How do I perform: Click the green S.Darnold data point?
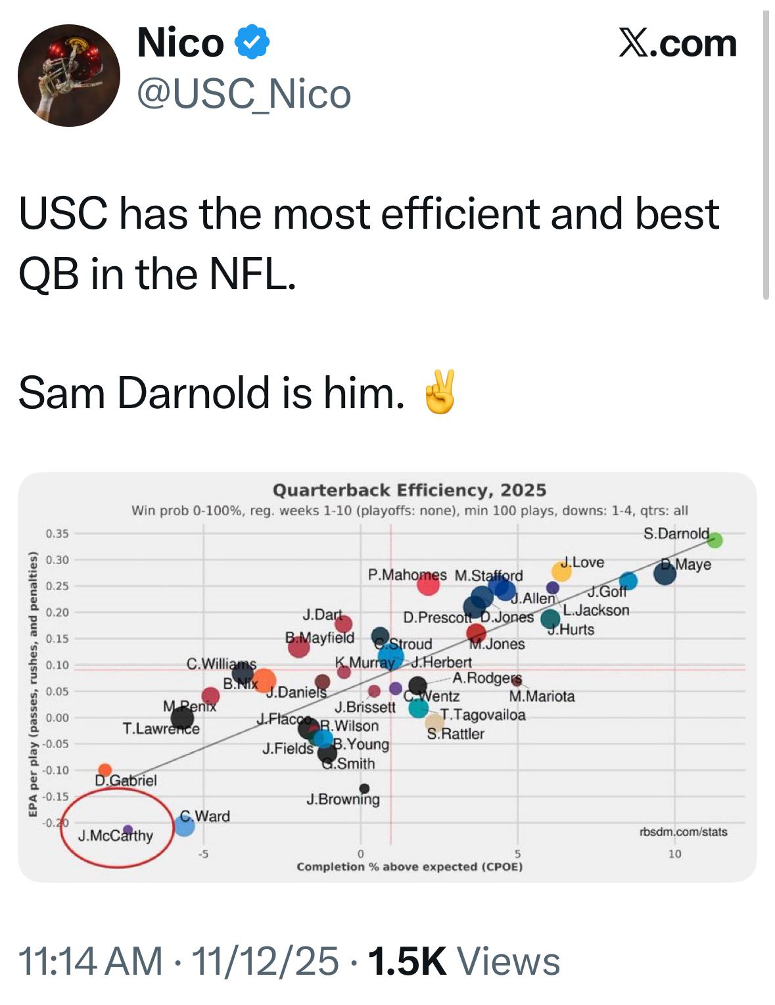coord(715,540)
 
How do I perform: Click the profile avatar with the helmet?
coord(69,76)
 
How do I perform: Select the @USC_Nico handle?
coord(244,94)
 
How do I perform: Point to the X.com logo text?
coord(678,43)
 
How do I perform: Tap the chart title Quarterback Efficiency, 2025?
coord(410,490)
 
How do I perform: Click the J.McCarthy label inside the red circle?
coord(115,836)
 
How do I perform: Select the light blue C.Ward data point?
coord(185,826)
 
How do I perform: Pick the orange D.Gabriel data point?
coord(105,770)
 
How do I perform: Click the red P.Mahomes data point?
coord(428,584)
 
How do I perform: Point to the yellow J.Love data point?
coord(561,572)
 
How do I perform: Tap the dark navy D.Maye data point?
coord(665,574)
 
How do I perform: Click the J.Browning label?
coord(342,800)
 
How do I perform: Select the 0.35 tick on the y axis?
coord(57,533)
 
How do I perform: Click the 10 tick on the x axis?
coord(675,854)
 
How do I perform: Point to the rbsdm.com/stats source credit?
coord(683,832)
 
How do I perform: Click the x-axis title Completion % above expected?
coord(410,867)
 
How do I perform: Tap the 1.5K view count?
coord(408,962)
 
